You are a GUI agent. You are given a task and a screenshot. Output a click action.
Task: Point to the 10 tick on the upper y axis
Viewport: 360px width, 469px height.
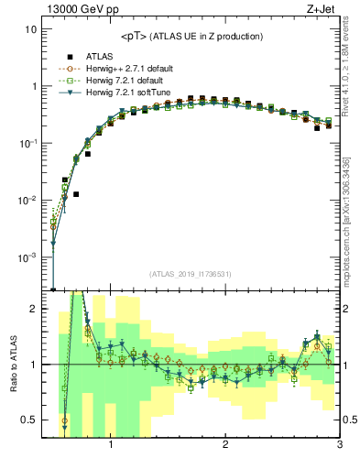click(x=30, y=29)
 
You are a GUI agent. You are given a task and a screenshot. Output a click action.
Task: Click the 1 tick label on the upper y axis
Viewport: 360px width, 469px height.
click(x=33, y=86)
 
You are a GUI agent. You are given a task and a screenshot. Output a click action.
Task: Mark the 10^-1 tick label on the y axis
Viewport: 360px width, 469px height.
click(x=28, y=143)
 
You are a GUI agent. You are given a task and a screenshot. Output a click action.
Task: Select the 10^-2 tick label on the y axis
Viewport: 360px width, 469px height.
click(x=28, y=200)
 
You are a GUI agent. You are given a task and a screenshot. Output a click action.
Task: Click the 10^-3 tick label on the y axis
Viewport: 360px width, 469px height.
click(x=28, y=257)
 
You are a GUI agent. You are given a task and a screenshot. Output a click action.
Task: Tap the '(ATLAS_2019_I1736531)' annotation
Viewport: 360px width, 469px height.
click(x=189, y=274)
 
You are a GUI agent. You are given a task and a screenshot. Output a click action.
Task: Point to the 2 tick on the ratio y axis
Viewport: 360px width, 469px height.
click(x=33, y=309)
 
